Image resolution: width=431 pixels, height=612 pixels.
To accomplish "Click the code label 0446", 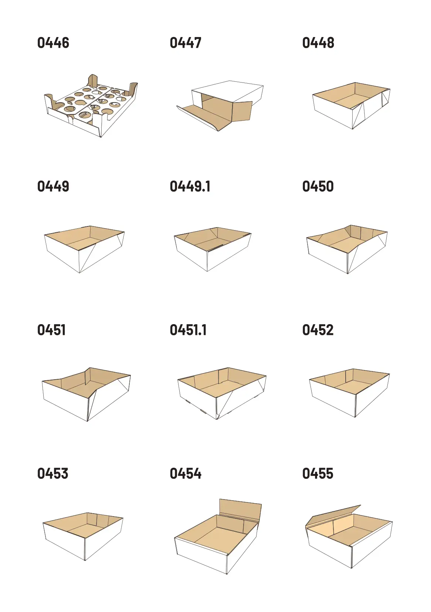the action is [x=53, y=43].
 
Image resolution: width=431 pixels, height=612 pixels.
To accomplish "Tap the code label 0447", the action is [x=186, y=43].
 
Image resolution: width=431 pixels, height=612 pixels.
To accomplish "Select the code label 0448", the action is [x=318, y=43].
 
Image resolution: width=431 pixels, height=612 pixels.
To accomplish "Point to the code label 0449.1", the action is [x=190, y=186].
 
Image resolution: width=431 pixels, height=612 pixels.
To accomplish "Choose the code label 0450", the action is [x=318, y=186].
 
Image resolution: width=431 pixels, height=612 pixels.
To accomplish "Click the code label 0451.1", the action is [x=188, y=330].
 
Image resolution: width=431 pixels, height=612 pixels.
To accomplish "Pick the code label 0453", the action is [x=53, y=474].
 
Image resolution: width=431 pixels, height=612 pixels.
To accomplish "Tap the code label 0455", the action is [x=318, y=474].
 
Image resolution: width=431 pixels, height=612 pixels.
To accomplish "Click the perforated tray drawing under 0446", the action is [x=91, y=105].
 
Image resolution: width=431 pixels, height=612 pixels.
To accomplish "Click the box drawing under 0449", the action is [x=84, y=249].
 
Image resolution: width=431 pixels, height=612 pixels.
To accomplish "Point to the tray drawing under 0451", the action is [x=86, y=394].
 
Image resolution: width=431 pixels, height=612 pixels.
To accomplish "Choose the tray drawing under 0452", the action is [x=349, y=393].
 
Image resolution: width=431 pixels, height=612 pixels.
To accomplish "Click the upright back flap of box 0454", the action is [x=240, y=510].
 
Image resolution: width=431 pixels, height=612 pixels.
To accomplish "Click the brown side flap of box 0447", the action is [x=242, y=112].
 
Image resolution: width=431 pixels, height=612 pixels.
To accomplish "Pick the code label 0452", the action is [x=318, y=330].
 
